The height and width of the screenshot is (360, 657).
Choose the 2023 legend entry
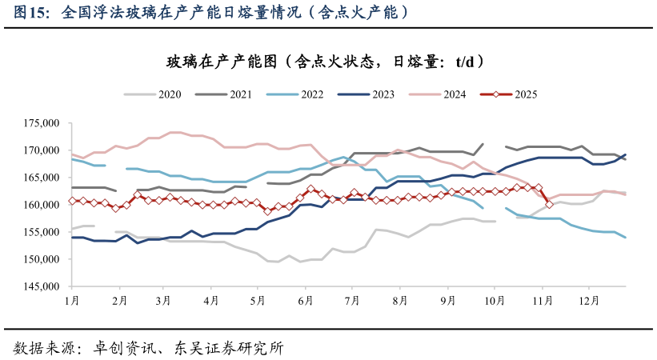(x=367, y=94)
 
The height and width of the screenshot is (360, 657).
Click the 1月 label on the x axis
(x=71, y=301)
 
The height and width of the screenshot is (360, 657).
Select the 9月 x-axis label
(x=447, y=301)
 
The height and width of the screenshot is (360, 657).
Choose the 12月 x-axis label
(x=589, y=301)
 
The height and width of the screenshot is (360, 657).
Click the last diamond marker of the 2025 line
(x=549, y=205)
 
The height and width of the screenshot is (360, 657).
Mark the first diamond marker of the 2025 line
(x=72, y=201)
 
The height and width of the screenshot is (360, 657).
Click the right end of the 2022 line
(x=625, y=238)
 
